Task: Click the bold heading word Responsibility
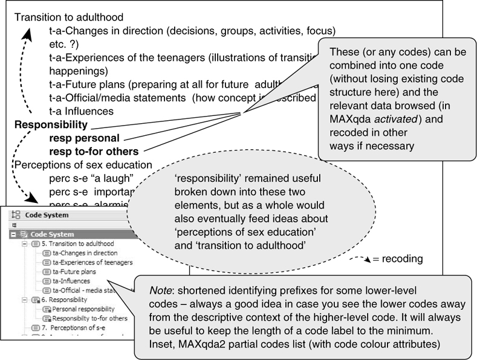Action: pyautogui.click(x=51, y=125)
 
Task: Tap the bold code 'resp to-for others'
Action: pyautogui.click(x=94, y=151)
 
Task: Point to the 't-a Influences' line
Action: pyautogui.click(x=82, y=111)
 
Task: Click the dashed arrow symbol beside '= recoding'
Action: pyautogui.click(x=360, y=259)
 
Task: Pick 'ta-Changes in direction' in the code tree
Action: pyautogui.click(x=85, y=253)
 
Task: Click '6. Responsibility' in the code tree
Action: pyautogui.click(x=68, y=299)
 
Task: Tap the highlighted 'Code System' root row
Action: pyautogui.click(x=52, y=234)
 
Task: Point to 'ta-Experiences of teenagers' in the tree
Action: pyautogui.click(x=92, y=262)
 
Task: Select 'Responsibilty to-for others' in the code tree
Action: pyautogui.click(x=91, y=318)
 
